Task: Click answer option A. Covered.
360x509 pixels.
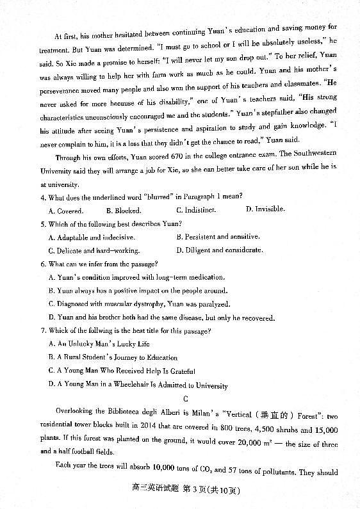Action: tap(66, 210)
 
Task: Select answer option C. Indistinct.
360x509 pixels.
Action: tap(195, 209)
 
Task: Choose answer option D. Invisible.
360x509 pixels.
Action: tap(265, 209)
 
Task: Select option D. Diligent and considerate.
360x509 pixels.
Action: tap(219, 250)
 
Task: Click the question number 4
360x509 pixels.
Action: tap(42, 196)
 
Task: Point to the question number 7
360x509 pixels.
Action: tap(42, 330)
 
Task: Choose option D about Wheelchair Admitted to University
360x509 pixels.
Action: tap(138, 385)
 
